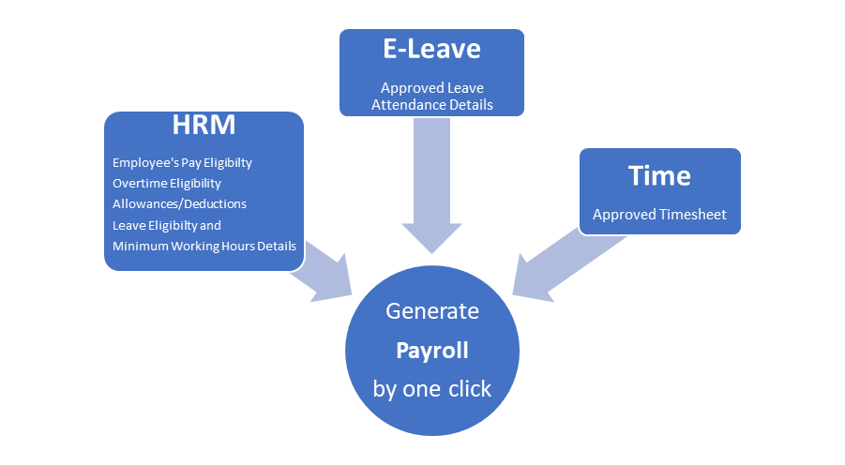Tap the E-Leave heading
(431, 50)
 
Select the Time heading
(659, 175)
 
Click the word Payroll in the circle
(431, 352)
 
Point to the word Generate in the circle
(431, 311)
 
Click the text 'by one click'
(431, 389)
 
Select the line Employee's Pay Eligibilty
(182, 163)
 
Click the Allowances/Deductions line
(179, 203)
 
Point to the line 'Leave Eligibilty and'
(166, 225)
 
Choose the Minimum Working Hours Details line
(204, 246)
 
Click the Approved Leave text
(431, 88)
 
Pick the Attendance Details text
(431, 105)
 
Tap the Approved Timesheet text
(659, 215)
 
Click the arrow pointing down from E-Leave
(431, 197)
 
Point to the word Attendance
(405, 105)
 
